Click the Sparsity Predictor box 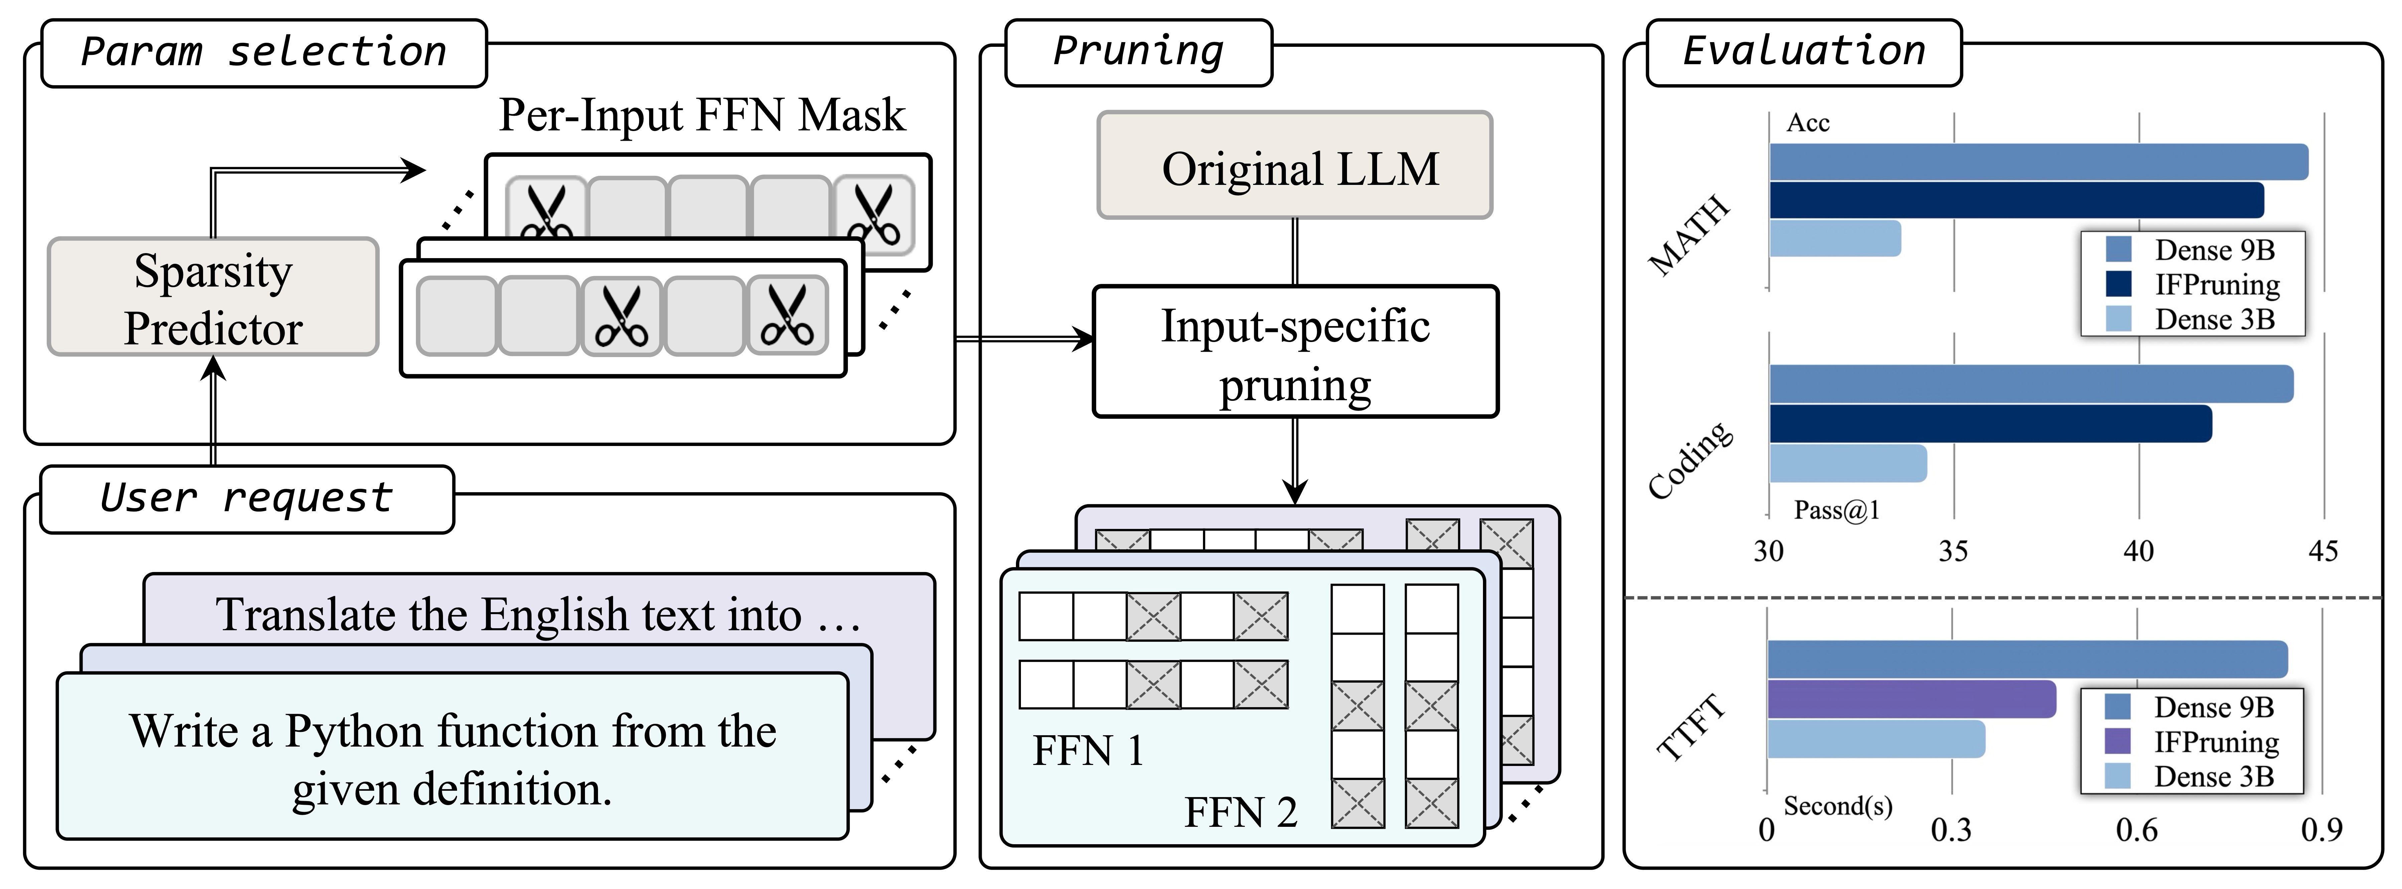click(213, 297)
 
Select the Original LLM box click(1295, 165)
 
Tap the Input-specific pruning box click(1295, 352)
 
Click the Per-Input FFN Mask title click(702, 116)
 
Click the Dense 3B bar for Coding click(1848, 463)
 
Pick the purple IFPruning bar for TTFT click(1912, 699)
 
